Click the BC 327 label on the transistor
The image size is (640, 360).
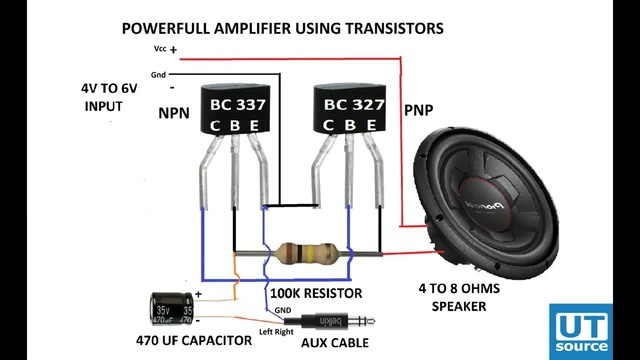click(x=351, y=103)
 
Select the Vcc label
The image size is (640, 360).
click(x=159, y=47)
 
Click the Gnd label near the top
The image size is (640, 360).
click(x=159, y=75)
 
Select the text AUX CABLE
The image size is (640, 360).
click(x=334, y=343)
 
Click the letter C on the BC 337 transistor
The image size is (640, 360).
click(x=214, y=125)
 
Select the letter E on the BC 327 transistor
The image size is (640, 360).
click(x=372, y=125)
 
